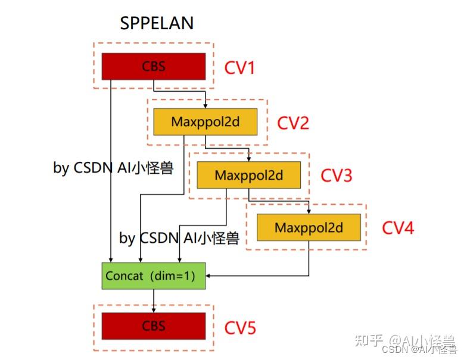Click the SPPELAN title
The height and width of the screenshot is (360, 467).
coord(157,23)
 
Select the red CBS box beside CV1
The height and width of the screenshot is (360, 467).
coord(154,67)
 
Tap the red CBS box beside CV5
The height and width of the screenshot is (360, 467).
coord(154,326)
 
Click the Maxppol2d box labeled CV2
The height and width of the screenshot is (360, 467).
coord(205,121)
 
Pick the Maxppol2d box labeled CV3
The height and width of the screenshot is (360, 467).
coord(249,175)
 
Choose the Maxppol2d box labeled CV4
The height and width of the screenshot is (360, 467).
coord(309,227)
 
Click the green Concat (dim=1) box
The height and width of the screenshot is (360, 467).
coord(154,276)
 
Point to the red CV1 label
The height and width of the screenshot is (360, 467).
coord(239,68)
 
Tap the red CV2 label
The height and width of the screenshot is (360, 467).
coord(293,123)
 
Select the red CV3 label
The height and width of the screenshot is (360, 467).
coord(337,175)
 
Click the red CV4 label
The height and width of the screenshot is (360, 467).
coord(398,228)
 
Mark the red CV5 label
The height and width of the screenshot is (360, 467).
coord(240,328)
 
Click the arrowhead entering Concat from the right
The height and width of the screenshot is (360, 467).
coord(208,276)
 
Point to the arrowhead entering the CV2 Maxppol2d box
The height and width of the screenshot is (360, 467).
coord(205,106)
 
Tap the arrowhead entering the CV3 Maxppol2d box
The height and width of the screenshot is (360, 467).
coord(249,159)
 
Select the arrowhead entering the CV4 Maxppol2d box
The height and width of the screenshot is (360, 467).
coord(309,212)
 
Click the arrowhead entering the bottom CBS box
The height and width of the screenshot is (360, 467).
coord(154,310)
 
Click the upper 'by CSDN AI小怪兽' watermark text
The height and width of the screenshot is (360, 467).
coord(113,168)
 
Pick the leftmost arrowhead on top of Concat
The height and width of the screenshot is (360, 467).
coord(111,260)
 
